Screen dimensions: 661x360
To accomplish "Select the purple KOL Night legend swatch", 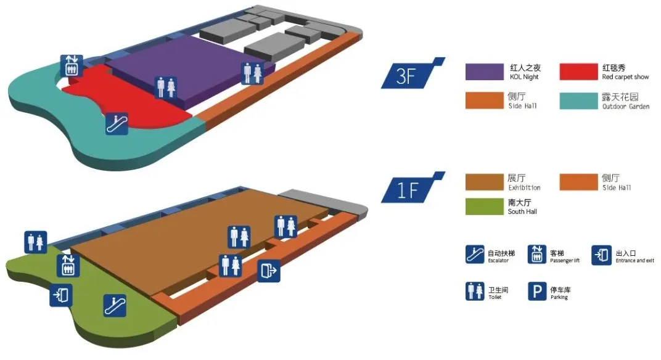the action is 484,72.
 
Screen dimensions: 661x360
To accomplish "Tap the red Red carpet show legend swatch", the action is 578,72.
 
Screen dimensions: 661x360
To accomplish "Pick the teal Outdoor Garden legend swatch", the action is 578,101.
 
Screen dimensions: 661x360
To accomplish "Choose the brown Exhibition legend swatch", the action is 484,182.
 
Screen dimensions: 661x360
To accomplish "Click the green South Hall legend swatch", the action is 484,206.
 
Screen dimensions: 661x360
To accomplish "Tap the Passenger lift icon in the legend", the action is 537,255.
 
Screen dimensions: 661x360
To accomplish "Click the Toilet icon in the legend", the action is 475,291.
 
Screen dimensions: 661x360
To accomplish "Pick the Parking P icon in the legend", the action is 537,291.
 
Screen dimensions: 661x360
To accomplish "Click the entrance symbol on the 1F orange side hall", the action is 268,270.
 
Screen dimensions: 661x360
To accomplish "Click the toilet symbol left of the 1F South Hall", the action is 36,242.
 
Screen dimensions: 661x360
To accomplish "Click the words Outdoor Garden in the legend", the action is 626,107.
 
